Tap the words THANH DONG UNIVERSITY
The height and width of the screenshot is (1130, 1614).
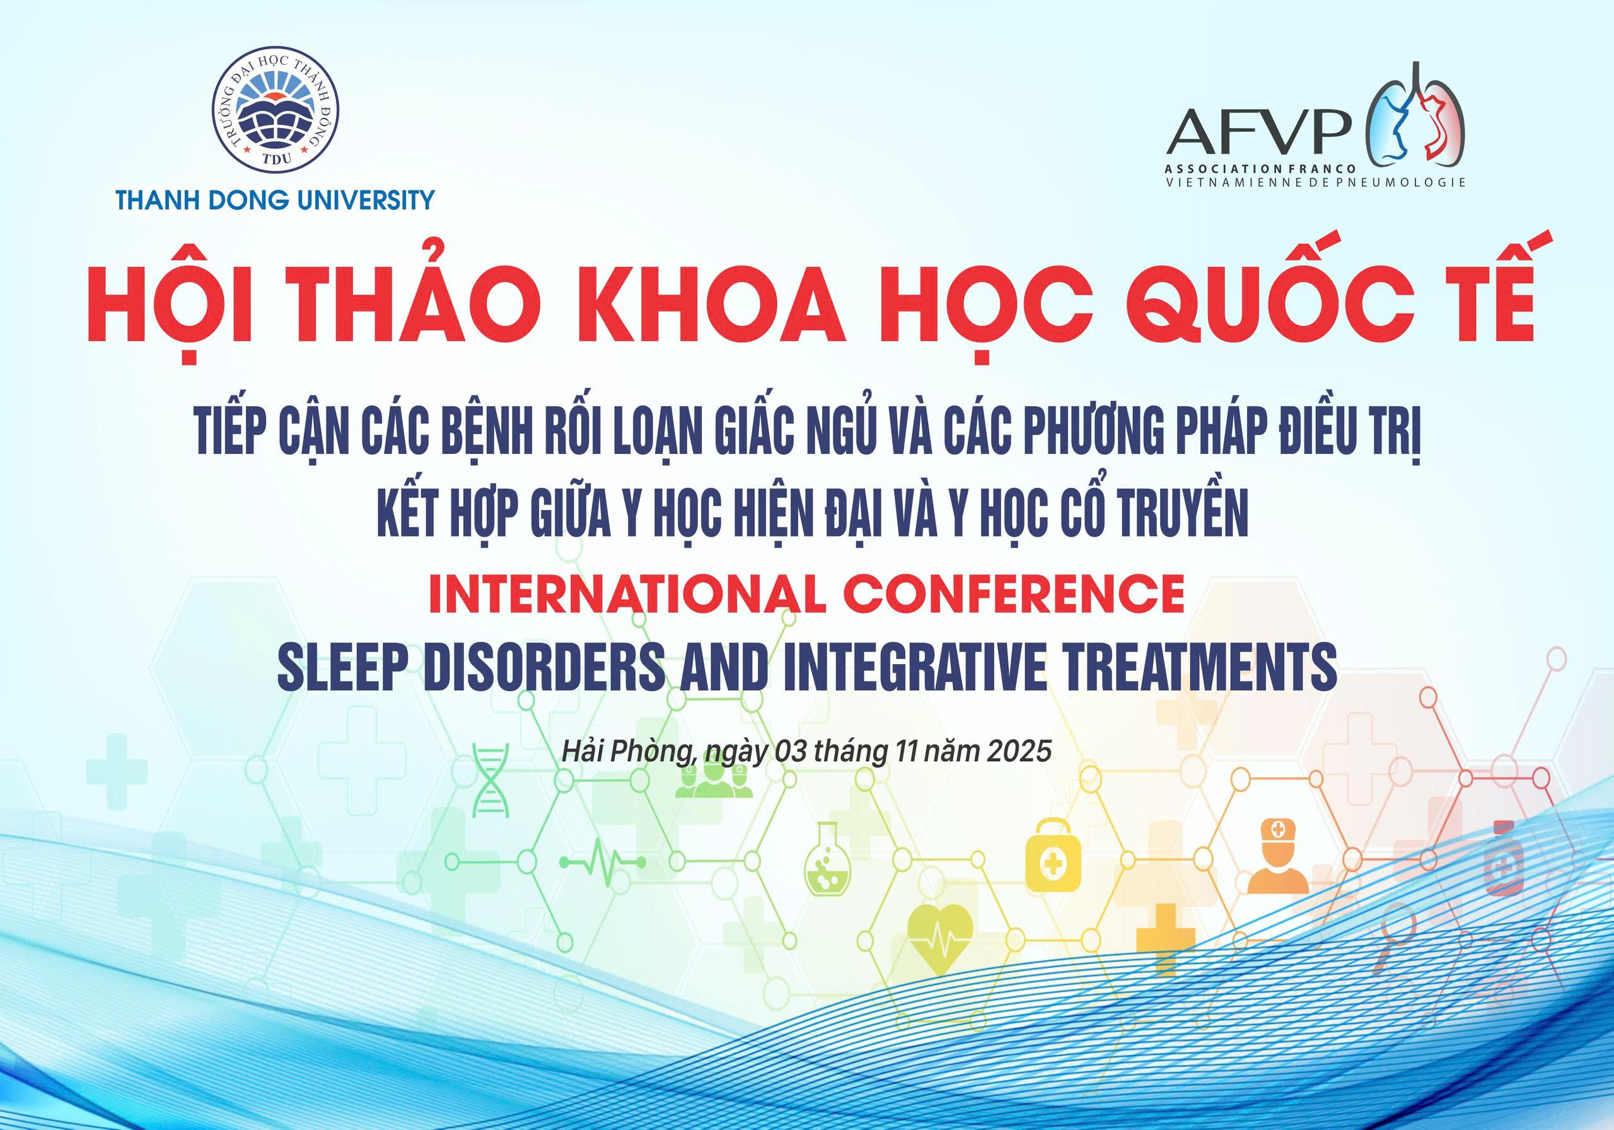coord(276,201)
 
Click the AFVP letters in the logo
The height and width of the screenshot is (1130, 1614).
coord(1259,132)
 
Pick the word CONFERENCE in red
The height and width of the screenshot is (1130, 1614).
coord(1014,594)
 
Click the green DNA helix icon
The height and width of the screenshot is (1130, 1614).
coord(491,781)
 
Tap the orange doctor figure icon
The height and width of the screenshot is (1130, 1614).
coord(1277,856)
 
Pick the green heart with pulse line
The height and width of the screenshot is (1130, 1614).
coord(940,940)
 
